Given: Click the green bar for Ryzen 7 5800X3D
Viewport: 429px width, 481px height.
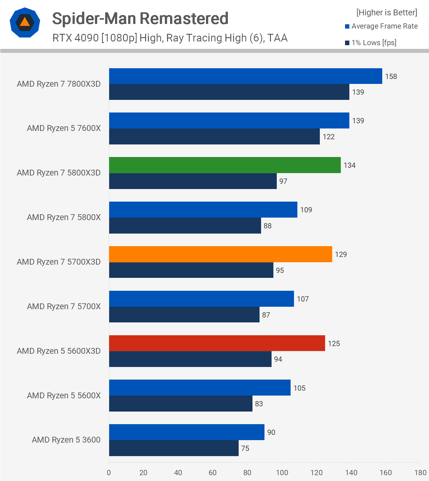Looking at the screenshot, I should (225, 165).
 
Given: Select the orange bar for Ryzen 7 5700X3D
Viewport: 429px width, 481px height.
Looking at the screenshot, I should (220, 254).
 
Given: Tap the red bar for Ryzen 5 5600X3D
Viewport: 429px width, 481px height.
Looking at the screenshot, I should (217, 343).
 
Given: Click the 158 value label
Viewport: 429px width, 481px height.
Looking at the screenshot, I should (391, 77).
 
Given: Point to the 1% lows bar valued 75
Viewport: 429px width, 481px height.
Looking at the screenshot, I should (174, 448).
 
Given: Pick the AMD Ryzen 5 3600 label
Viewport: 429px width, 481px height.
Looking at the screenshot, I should (66, 440).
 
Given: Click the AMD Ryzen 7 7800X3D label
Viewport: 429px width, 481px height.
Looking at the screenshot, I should (59, 84).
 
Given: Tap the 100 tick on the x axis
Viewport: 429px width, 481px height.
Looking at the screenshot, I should (282, 473).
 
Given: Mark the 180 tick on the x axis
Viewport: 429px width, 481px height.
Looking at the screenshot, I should (420, 473).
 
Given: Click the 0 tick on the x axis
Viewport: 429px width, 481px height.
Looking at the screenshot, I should (109, 473).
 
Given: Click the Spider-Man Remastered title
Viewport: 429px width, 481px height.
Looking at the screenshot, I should (140, 18).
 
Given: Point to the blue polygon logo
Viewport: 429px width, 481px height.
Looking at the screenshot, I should (25, 23).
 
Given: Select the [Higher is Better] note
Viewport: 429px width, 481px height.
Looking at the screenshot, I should (387, 13).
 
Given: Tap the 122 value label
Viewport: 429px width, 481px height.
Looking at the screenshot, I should (328, 137).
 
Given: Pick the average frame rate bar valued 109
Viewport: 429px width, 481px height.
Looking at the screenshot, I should (203, 210).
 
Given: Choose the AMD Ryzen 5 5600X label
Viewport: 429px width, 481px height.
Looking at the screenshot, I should (64, 396).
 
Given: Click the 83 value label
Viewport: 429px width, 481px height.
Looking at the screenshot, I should (259, 404).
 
